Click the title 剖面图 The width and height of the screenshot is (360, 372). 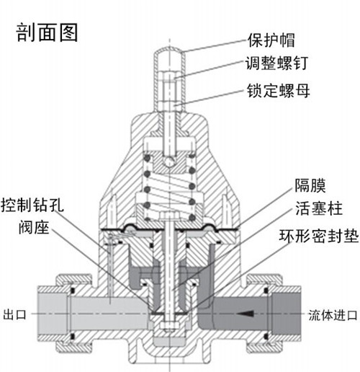[x=47, y=32]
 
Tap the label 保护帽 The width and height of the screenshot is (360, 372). [x=271, y=40]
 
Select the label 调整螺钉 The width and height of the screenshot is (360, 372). [x=276, y=63]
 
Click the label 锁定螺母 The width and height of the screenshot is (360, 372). [x=278, y=90]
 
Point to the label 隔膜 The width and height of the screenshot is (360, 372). [x=310, y=185]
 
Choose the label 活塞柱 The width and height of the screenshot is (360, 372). [x=318, y=208]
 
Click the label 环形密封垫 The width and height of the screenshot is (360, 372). [x=319, y=236]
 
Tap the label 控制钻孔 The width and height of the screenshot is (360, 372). [x=32, y=205]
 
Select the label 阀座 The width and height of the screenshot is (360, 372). [x=34, y=227]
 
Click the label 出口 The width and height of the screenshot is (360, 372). [x=14, y=314]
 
